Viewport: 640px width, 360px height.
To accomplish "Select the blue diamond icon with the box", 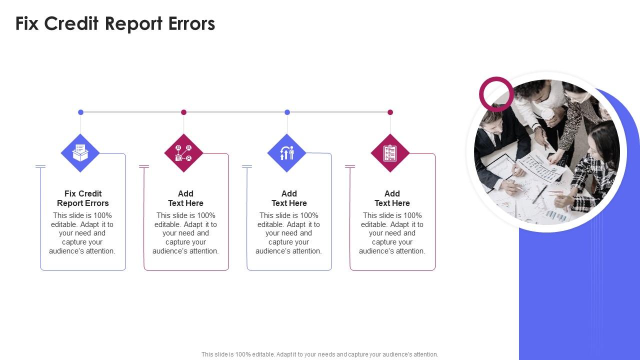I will click(80, 153).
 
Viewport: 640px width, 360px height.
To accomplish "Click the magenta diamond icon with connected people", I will click(183, 153).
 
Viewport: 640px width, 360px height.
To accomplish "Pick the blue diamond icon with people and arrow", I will click(287, 153).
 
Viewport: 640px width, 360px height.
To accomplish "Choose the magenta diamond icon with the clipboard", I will click(390, 153).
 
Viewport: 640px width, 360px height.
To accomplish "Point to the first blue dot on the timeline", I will click(80, 112).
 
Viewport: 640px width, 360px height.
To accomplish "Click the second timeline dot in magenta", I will click(183, 112).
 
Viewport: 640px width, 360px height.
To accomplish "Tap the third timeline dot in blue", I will click(287, 112).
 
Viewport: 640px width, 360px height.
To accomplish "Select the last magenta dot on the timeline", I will click(390, 112).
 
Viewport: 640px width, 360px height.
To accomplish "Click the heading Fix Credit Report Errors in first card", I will click(83, 198).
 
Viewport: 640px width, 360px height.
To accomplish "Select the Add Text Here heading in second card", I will click(185, 198).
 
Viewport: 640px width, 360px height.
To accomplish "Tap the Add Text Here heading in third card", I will click(289, 198).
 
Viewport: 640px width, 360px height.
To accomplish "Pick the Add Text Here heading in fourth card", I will click(392, 198).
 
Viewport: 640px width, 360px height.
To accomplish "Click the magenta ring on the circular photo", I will click(496, 80).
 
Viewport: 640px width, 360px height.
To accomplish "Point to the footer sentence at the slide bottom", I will click(320, 354).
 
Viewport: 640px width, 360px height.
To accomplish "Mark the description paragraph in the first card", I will click(82, 233).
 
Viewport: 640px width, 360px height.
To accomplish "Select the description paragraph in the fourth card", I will click(392, 233).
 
